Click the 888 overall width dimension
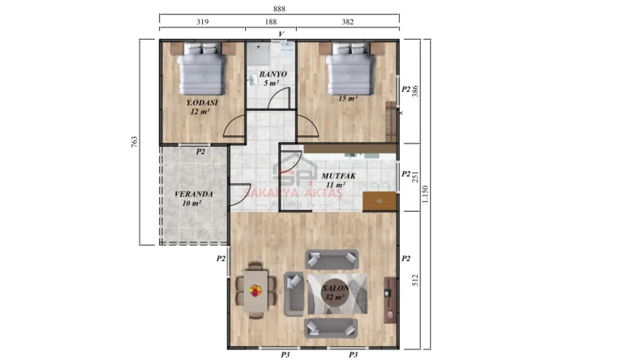(x=279, y=8)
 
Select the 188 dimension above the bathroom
(x=270, y=23)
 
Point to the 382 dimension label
(x=347, y=23)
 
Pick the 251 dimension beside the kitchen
(x=415, y=178)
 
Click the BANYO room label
(x=270, y=75)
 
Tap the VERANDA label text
(x=193, y=195)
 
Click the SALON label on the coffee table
(x=336, y=289)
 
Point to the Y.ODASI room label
(x=202, y=103)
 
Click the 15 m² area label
(x=348, y=98)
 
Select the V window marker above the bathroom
(x=281, y=34)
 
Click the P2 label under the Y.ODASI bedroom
(x=200, y=151)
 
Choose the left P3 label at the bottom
(x=286, y=354)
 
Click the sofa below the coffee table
(x=331, y=328)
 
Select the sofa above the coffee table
(x=331, y=259)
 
